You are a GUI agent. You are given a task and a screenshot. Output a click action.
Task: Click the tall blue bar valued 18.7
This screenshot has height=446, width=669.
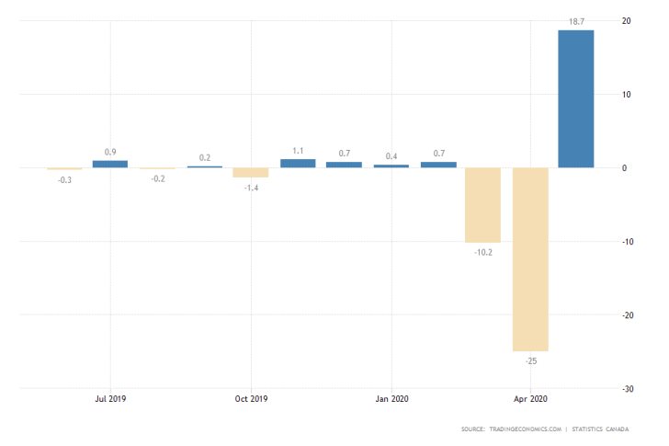click(x=576, y=98)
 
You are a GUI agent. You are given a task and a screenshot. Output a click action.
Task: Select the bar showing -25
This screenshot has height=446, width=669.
click(x=530, y=258)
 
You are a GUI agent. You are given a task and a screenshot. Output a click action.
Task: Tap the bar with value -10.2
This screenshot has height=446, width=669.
click(x=482, y=204)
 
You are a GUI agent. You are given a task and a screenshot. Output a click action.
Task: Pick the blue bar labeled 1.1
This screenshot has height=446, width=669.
click(x=298, y=163)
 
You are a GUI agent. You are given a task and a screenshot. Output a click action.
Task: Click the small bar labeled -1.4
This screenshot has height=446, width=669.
click(x=250, y=172)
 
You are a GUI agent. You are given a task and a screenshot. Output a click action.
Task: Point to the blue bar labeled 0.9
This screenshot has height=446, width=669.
click(x=110, y=164)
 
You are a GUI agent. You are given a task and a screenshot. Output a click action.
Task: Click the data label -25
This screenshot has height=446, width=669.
click(x=530, y=361)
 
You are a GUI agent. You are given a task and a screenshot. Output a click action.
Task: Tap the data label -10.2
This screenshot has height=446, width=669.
click(x=482, y=252)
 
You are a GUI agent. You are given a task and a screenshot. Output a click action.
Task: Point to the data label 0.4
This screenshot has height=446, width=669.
click(x=391, y=155)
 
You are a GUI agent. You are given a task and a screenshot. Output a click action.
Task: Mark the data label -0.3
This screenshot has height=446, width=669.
click(x=64, y=179)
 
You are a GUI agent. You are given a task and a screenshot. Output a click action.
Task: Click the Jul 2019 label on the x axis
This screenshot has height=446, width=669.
click(x=110, y=399)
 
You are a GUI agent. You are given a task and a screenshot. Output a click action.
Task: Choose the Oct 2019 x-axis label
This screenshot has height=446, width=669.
click(x=251, y=399)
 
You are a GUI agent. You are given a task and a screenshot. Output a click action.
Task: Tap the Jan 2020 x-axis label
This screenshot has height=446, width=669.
click(x=391, y=399)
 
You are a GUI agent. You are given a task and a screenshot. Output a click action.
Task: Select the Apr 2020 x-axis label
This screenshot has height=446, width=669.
click(x=530, y=399)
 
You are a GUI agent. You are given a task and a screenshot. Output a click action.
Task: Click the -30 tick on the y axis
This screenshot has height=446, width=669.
click(x=623, y=388)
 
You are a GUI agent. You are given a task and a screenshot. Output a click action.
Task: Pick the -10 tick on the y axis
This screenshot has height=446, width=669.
click(x=623, y=241)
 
